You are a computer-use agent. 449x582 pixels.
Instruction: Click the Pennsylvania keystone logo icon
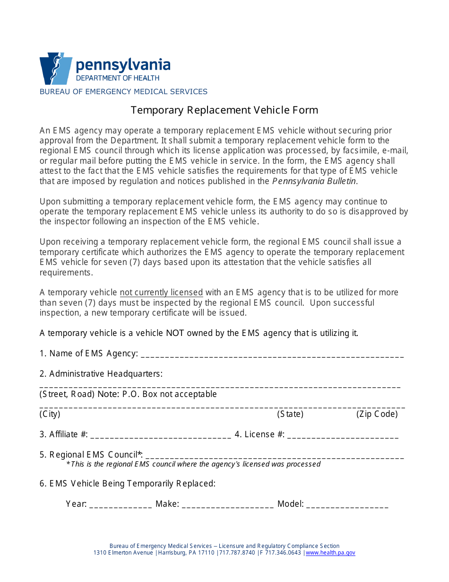tap(55, 69)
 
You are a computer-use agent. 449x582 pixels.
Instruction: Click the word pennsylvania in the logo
tap(123, 65)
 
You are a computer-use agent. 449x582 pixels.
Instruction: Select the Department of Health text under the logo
tap(118, 78)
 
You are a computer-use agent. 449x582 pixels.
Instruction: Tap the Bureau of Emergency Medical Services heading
tap(123, 92)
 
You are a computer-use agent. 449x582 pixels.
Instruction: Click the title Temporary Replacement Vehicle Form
tap(224, 110)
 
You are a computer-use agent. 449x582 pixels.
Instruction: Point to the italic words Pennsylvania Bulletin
tap(314, 181)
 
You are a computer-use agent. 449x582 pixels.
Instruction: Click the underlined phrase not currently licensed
tap(161, 292)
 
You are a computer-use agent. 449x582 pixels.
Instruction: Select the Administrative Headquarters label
tap(101, 374)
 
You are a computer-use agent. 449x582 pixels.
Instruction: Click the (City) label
tap(50, 414)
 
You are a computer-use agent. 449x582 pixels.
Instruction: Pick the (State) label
tap(290, 414)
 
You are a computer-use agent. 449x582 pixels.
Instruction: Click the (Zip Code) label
tap(377, 414)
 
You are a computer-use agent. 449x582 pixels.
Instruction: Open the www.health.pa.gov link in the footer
tap(330, 553)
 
